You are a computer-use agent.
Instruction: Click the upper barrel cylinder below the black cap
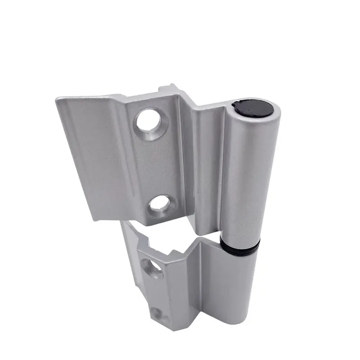tap(245, 175)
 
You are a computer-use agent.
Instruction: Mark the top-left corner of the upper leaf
tap(57, 98)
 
